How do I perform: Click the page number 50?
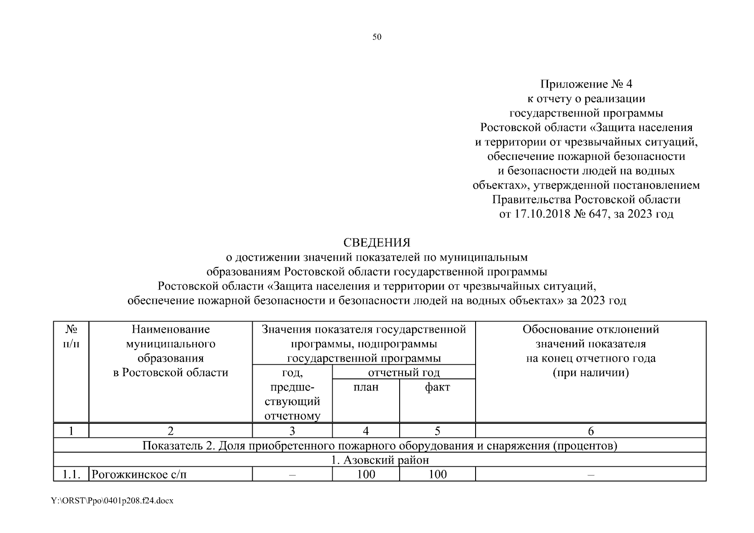[x=377, y=37]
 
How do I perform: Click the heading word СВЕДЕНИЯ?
[x=377, y=243]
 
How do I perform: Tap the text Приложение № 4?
[x=586, y=84]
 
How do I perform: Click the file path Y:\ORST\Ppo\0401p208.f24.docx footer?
[x=112, y=501]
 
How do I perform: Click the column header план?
[x=366, y=387]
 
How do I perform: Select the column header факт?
[x=437, y=387]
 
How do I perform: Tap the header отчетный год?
[x=404, y=372]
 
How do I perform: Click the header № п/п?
[x=71, y=336]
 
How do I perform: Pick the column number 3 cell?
[x=292, y=430]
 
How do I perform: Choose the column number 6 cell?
[x=591, y=430]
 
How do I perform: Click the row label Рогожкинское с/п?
[x=139, y=474]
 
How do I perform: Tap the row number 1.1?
[x=71, y=474]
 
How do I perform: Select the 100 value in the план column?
[x=366, y=474]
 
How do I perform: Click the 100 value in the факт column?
[x=437, y=474]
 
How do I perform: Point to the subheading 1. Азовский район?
[x=380, y=460]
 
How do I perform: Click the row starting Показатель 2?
[x=380, y=445]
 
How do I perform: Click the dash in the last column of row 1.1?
[x=591, y=475]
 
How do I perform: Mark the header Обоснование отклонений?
[x=591, y=330]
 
